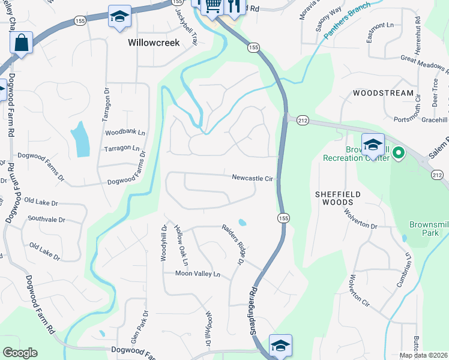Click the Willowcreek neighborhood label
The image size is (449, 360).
point(154,43)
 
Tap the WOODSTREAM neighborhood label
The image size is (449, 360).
point(383,93)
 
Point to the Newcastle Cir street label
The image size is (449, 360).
point(253,178)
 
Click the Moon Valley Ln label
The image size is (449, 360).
point(198,274)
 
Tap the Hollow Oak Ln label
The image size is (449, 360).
point(181,246)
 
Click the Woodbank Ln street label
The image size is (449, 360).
point(125,132)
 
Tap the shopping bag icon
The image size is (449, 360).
point(21,43)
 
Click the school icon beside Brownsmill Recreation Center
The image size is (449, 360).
point(373,145)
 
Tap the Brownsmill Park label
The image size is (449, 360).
point(429,228)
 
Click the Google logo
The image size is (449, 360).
point(20,353)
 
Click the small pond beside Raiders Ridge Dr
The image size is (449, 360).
point(242,223)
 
